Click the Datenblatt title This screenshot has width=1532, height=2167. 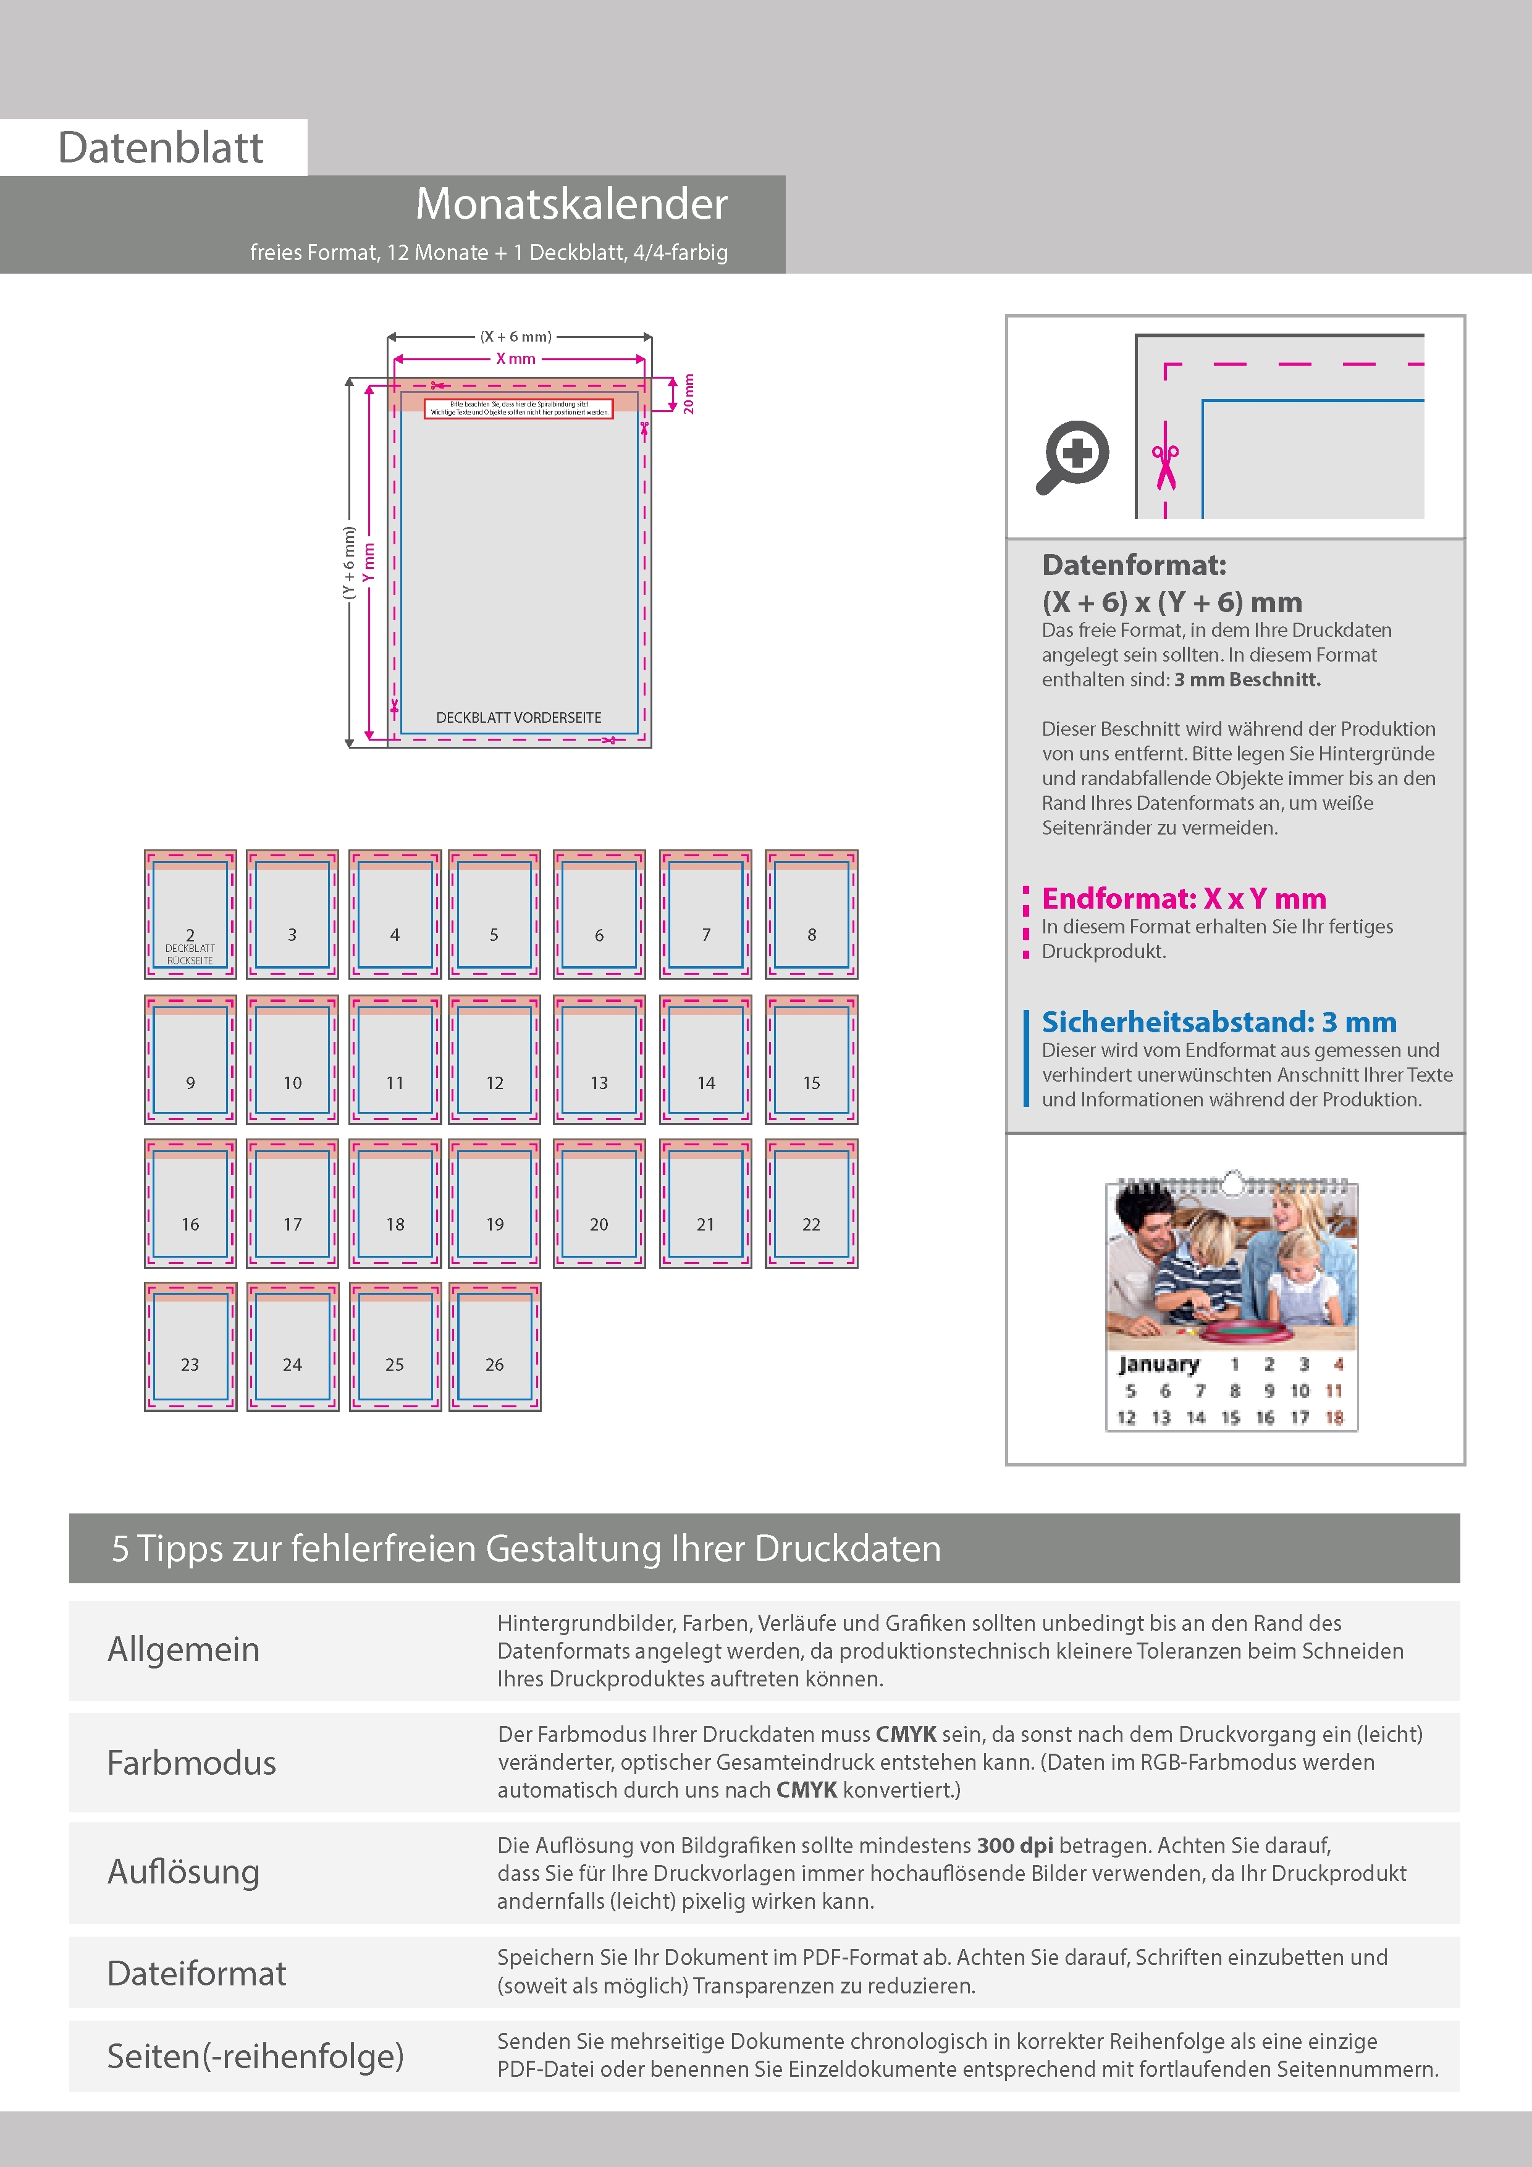click(161, 147)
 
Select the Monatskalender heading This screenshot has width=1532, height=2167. click(571, 204)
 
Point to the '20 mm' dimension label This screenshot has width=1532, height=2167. click(688, 393)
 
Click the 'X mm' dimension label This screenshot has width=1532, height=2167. click(516, 359)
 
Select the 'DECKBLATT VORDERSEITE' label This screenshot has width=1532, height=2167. click(518, 717)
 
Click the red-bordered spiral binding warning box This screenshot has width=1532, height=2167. click(518, 408)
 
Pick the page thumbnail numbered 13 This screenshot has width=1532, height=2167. click(599, 1059)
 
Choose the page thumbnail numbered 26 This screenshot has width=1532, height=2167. click(495, 1347)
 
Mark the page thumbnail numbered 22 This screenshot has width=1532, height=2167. click(812, 1203)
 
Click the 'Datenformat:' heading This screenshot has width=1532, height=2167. click(1134, 565)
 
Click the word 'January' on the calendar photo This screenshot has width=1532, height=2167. click(1158, 1364)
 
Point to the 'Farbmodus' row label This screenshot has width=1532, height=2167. click(192, 1763)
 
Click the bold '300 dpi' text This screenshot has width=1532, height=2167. click(1015, 1845)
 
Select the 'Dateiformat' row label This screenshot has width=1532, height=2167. click(196, 1972)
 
